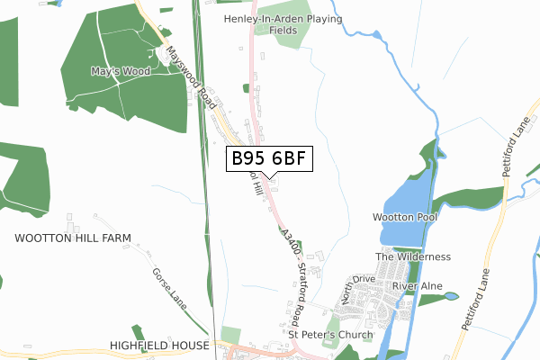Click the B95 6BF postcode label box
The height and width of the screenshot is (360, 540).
[x=269, y=159]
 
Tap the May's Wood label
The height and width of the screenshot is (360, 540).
[x=121, y=70]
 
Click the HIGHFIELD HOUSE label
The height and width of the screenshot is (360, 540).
[x=159, y=345]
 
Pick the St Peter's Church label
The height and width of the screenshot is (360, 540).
[x=330, y=336]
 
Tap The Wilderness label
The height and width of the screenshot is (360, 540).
[x=413, y=256]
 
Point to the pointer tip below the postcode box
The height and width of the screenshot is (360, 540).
[x=269, y=178]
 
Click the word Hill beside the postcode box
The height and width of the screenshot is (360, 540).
[x=256, y=184]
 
